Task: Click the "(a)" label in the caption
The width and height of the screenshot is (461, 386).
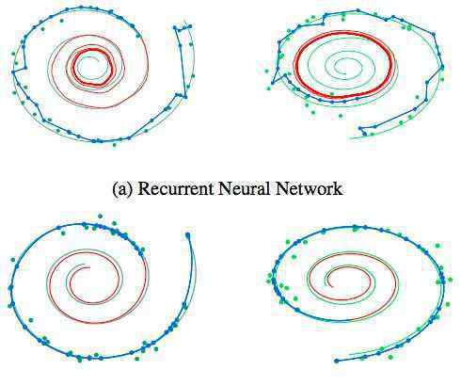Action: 122,189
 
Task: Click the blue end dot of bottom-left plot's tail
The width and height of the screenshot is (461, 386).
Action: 188,234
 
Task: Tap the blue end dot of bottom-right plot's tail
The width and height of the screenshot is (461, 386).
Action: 337,361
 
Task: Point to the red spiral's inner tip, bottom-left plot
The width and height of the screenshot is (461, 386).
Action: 89,267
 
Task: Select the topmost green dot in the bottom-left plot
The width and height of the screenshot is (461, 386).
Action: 100,216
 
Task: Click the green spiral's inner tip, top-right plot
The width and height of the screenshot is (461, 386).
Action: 345,73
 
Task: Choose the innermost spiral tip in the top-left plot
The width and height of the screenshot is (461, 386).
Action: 99,60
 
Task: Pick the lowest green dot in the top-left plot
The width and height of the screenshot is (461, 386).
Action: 114,145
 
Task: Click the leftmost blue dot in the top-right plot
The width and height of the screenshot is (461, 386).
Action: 273,83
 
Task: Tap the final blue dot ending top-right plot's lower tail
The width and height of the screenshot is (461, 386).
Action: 364,134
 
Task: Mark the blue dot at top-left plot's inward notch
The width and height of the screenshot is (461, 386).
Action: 25,68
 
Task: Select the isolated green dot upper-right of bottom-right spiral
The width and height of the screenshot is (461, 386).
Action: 437,246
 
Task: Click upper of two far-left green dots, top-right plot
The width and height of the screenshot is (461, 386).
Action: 266,71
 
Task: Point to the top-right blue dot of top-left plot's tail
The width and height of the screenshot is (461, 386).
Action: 190,27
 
